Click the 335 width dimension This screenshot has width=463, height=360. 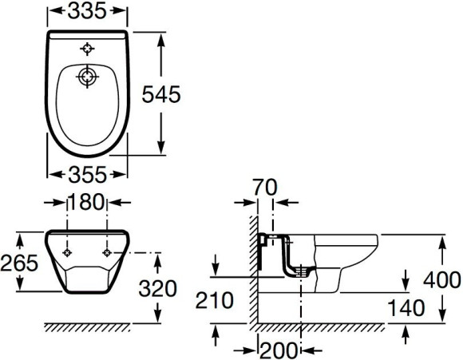tap(87, 11)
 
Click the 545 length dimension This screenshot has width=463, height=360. tap(161, 94)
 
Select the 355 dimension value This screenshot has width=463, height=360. tap(87, 175)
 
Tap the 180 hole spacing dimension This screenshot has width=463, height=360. tap(87, 202)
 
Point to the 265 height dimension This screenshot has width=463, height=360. tap(19, 263)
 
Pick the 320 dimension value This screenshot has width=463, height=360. tap(158, 288)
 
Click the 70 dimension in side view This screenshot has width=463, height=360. tap(265, 188)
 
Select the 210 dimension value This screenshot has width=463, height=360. tap(215, 301)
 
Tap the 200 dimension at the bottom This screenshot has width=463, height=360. tap(279, 350)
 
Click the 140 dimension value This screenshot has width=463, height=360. tap(406, 308)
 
